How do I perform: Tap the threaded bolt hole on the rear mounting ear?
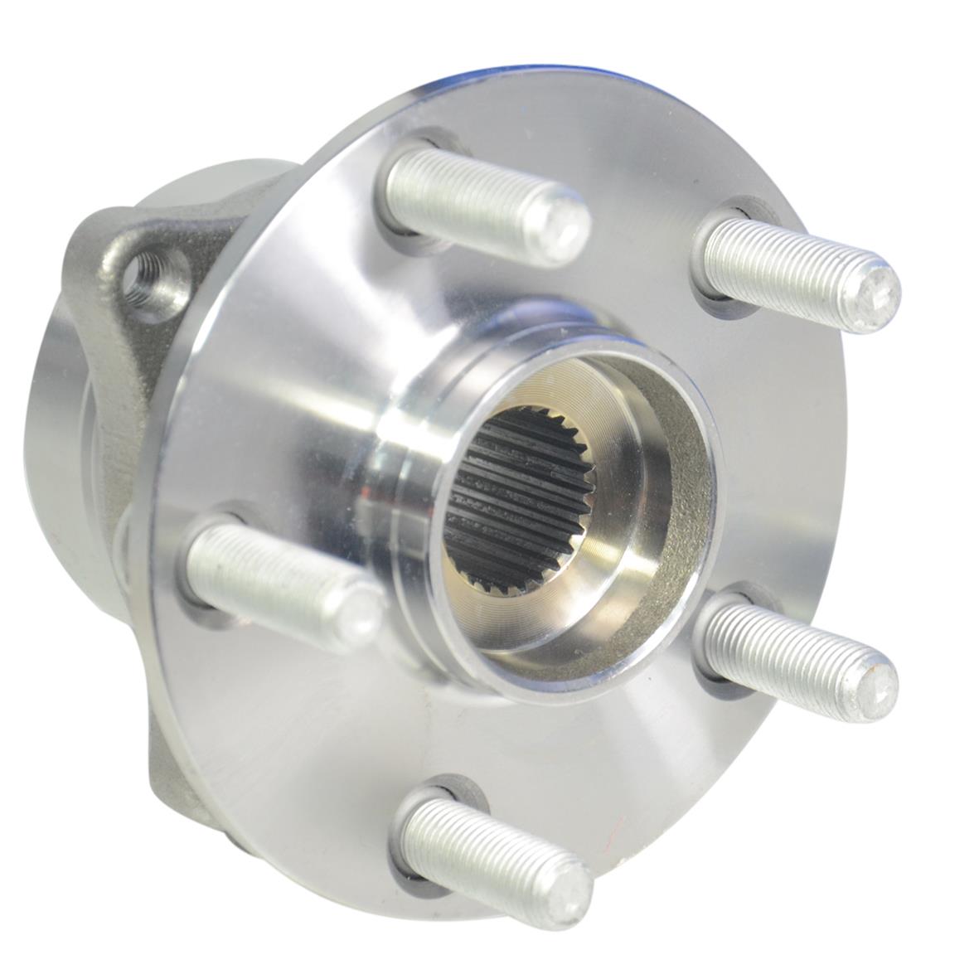(x=152, y=282)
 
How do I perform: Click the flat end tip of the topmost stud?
(x=568, y=224)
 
